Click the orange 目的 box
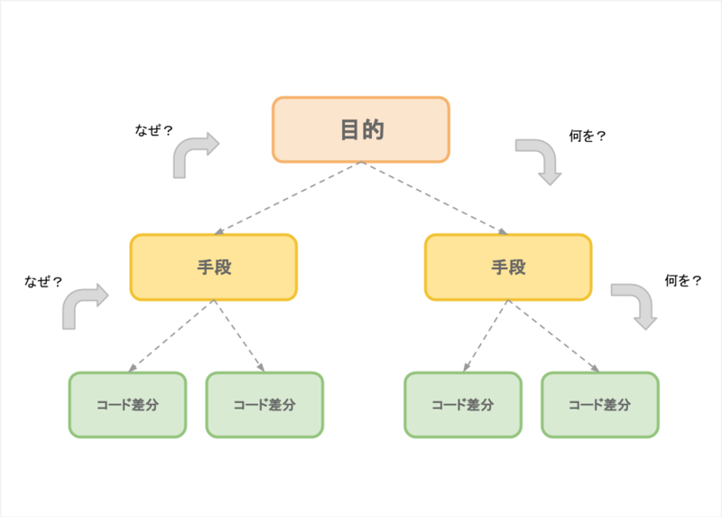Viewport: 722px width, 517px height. click(361, 129)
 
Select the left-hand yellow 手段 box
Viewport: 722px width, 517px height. click(214, 267)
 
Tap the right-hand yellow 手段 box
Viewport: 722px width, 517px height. click(508, 267)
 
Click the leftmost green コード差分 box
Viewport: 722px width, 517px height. click(127, 405)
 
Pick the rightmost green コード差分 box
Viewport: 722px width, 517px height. click(600, 405)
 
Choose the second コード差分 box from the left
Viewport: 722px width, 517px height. click(264, 405)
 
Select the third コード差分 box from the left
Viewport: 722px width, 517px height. click(462, 405)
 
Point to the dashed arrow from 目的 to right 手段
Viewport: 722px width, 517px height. click(433, 198)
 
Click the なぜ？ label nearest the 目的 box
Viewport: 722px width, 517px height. click(153, 130)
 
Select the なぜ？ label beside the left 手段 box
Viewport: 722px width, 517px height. click(43, 281)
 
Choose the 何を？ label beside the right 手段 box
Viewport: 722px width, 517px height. click(683, 281)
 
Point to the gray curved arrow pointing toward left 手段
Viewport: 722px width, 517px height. click(81, 305)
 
